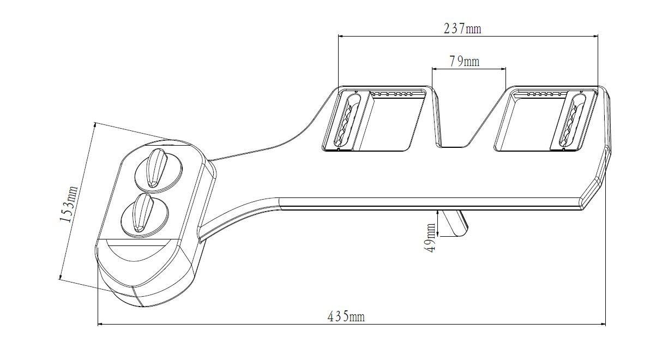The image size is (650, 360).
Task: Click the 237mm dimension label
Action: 462,28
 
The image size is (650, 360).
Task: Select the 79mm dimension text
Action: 464,62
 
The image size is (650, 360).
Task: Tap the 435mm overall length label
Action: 346,317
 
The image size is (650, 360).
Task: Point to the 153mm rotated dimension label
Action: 69,203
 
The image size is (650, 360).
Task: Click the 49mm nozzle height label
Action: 431,238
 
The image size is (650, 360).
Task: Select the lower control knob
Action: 145,214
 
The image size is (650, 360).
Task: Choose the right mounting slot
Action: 571,121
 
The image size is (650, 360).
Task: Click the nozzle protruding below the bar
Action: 454,223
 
